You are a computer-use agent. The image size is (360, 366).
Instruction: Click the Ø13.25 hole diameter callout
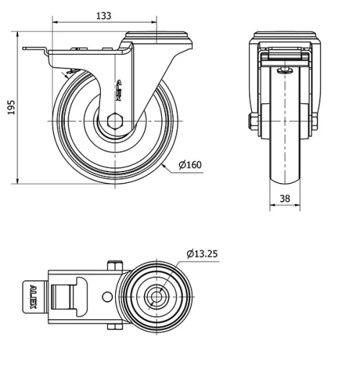204,254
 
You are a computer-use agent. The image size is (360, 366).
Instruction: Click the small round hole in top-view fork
107,296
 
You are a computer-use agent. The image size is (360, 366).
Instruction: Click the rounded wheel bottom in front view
285,180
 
